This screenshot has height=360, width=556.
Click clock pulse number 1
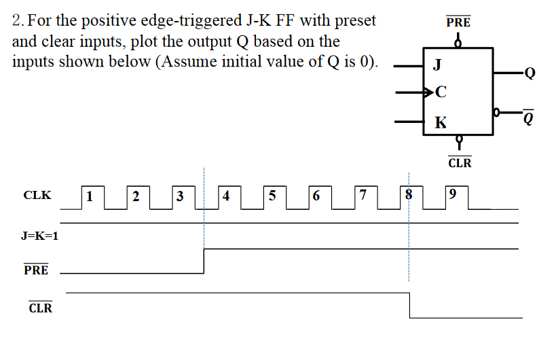point(90,197)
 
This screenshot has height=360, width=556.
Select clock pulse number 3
point(180,197)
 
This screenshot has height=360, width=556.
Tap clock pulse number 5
point(272,197)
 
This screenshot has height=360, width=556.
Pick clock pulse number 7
point(363,197)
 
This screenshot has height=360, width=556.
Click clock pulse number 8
point(409,197)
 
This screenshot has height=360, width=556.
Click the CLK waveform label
point(37,196)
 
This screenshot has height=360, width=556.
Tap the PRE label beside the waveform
point(37,270)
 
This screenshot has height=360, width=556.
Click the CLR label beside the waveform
point(40,308)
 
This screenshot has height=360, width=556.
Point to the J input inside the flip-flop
point(438,66)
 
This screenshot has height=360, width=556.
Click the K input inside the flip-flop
point(441,122)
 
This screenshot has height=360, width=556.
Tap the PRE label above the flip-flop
point(458,22)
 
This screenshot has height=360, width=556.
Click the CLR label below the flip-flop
point(460,163)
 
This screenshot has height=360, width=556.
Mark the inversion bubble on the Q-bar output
point(498,111)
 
